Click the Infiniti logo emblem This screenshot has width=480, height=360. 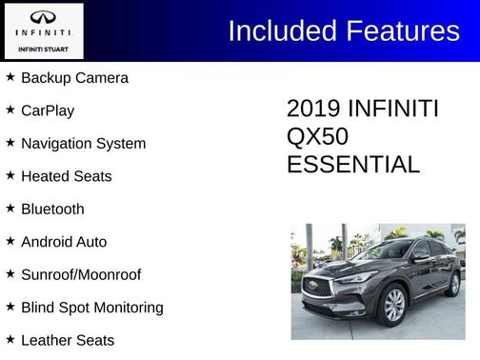(42, 18)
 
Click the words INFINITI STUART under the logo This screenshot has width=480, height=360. (42, 48)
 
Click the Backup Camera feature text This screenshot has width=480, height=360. (74, 78)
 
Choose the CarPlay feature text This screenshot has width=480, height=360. (48, 110)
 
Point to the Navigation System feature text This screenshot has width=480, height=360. (83, 144)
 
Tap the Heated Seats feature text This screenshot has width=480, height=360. (66, 176)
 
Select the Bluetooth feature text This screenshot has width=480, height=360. (52, 209)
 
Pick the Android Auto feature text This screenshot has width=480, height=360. (64, 242)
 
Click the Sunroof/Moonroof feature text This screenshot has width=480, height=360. (81, 274)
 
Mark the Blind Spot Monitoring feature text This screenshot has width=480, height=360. (91, 308)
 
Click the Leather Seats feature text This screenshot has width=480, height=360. (67, 340)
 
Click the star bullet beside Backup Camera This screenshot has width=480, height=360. (10, 76)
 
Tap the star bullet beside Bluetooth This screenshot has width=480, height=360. (10, 208)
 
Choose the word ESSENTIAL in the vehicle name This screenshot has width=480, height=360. (352, 165)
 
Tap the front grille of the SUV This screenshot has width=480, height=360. (316, 288)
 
